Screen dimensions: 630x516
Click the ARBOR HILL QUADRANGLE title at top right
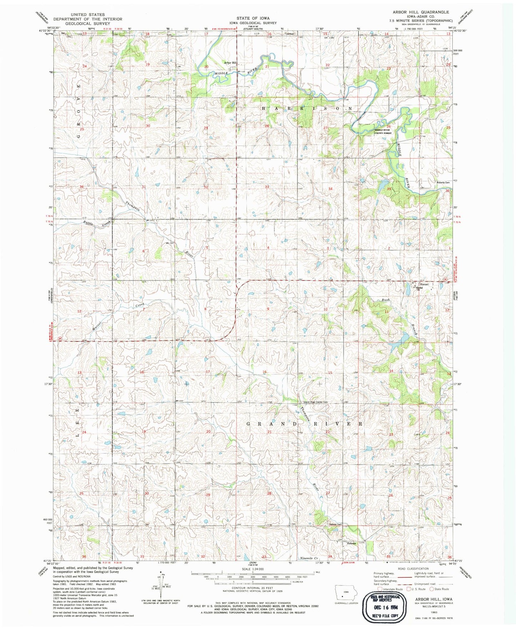(421, 12)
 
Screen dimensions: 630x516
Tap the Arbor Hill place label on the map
(230, 63)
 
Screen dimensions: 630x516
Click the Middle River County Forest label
(383, 132)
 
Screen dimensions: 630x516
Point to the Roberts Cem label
(443, 183)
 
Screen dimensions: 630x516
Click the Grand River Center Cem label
(316, 402)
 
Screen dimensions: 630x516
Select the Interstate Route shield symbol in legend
(380, 589)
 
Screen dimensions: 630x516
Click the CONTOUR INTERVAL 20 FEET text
(253, 588)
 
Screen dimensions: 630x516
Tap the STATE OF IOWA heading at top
(253, 18)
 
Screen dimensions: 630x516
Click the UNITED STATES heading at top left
(88, 15)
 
